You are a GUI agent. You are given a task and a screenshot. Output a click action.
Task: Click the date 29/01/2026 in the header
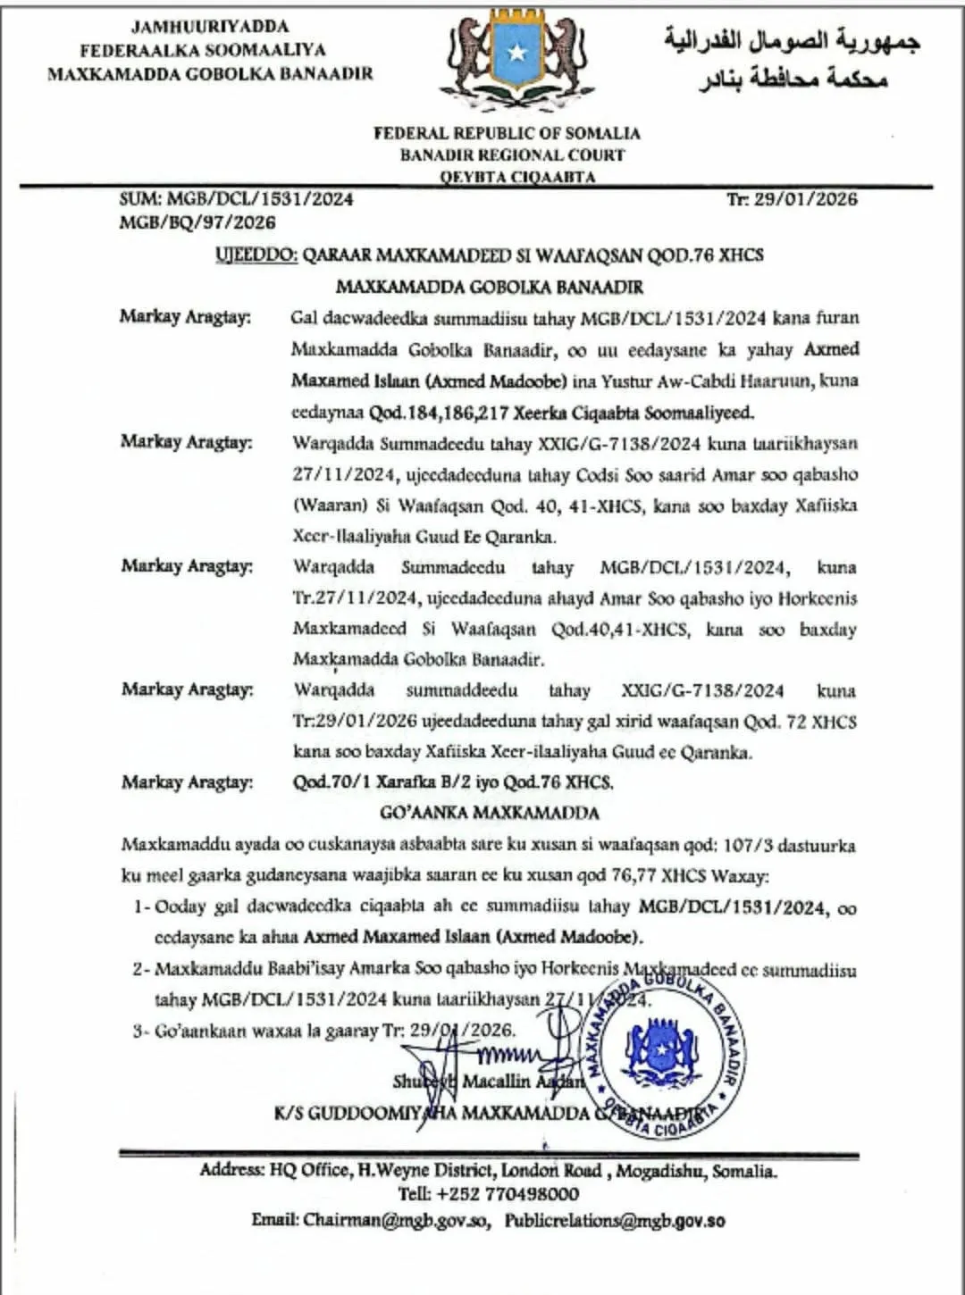805,199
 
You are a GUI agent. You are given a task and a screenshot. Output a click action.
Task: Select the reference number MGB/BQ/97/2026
197,222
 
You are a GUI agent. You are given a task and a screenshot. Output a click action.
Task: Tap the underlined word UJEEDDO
256,255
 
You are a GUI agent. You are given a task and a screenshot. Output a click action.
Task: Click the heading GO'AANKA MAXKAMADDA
490,813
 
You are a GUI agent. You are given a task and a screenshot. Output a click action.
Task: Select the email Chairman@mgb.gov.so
397,1220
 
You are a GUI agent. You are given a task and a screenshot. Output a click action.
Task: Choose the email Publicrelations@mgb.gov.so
615,1220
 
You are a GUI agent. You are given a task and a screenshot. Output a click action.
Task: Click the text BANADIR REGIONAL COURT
512,155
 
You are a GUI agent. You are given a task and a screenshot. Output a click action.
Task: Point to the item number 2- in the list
141,969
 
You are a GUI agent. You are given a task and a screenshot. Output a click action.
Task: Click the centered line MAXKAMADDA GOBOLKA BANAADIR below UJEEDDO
490,288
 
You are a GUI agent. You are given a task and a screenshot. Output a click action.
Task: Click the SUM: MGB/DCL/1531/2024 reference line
237,199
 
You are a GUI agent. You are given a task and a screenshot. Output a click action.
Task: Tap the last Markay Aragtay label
187,782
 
